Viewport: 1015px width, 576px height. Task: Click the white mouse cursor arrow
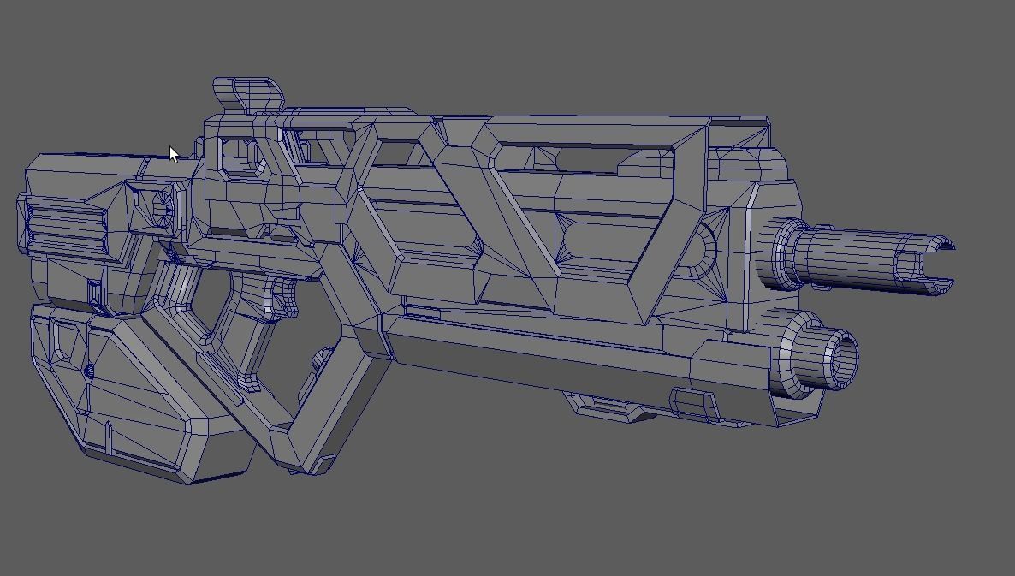174,155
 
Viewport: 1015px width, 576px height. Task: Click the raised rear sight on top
247,93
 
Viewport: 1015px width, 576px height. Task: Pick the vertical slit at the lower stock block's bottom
109,437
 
